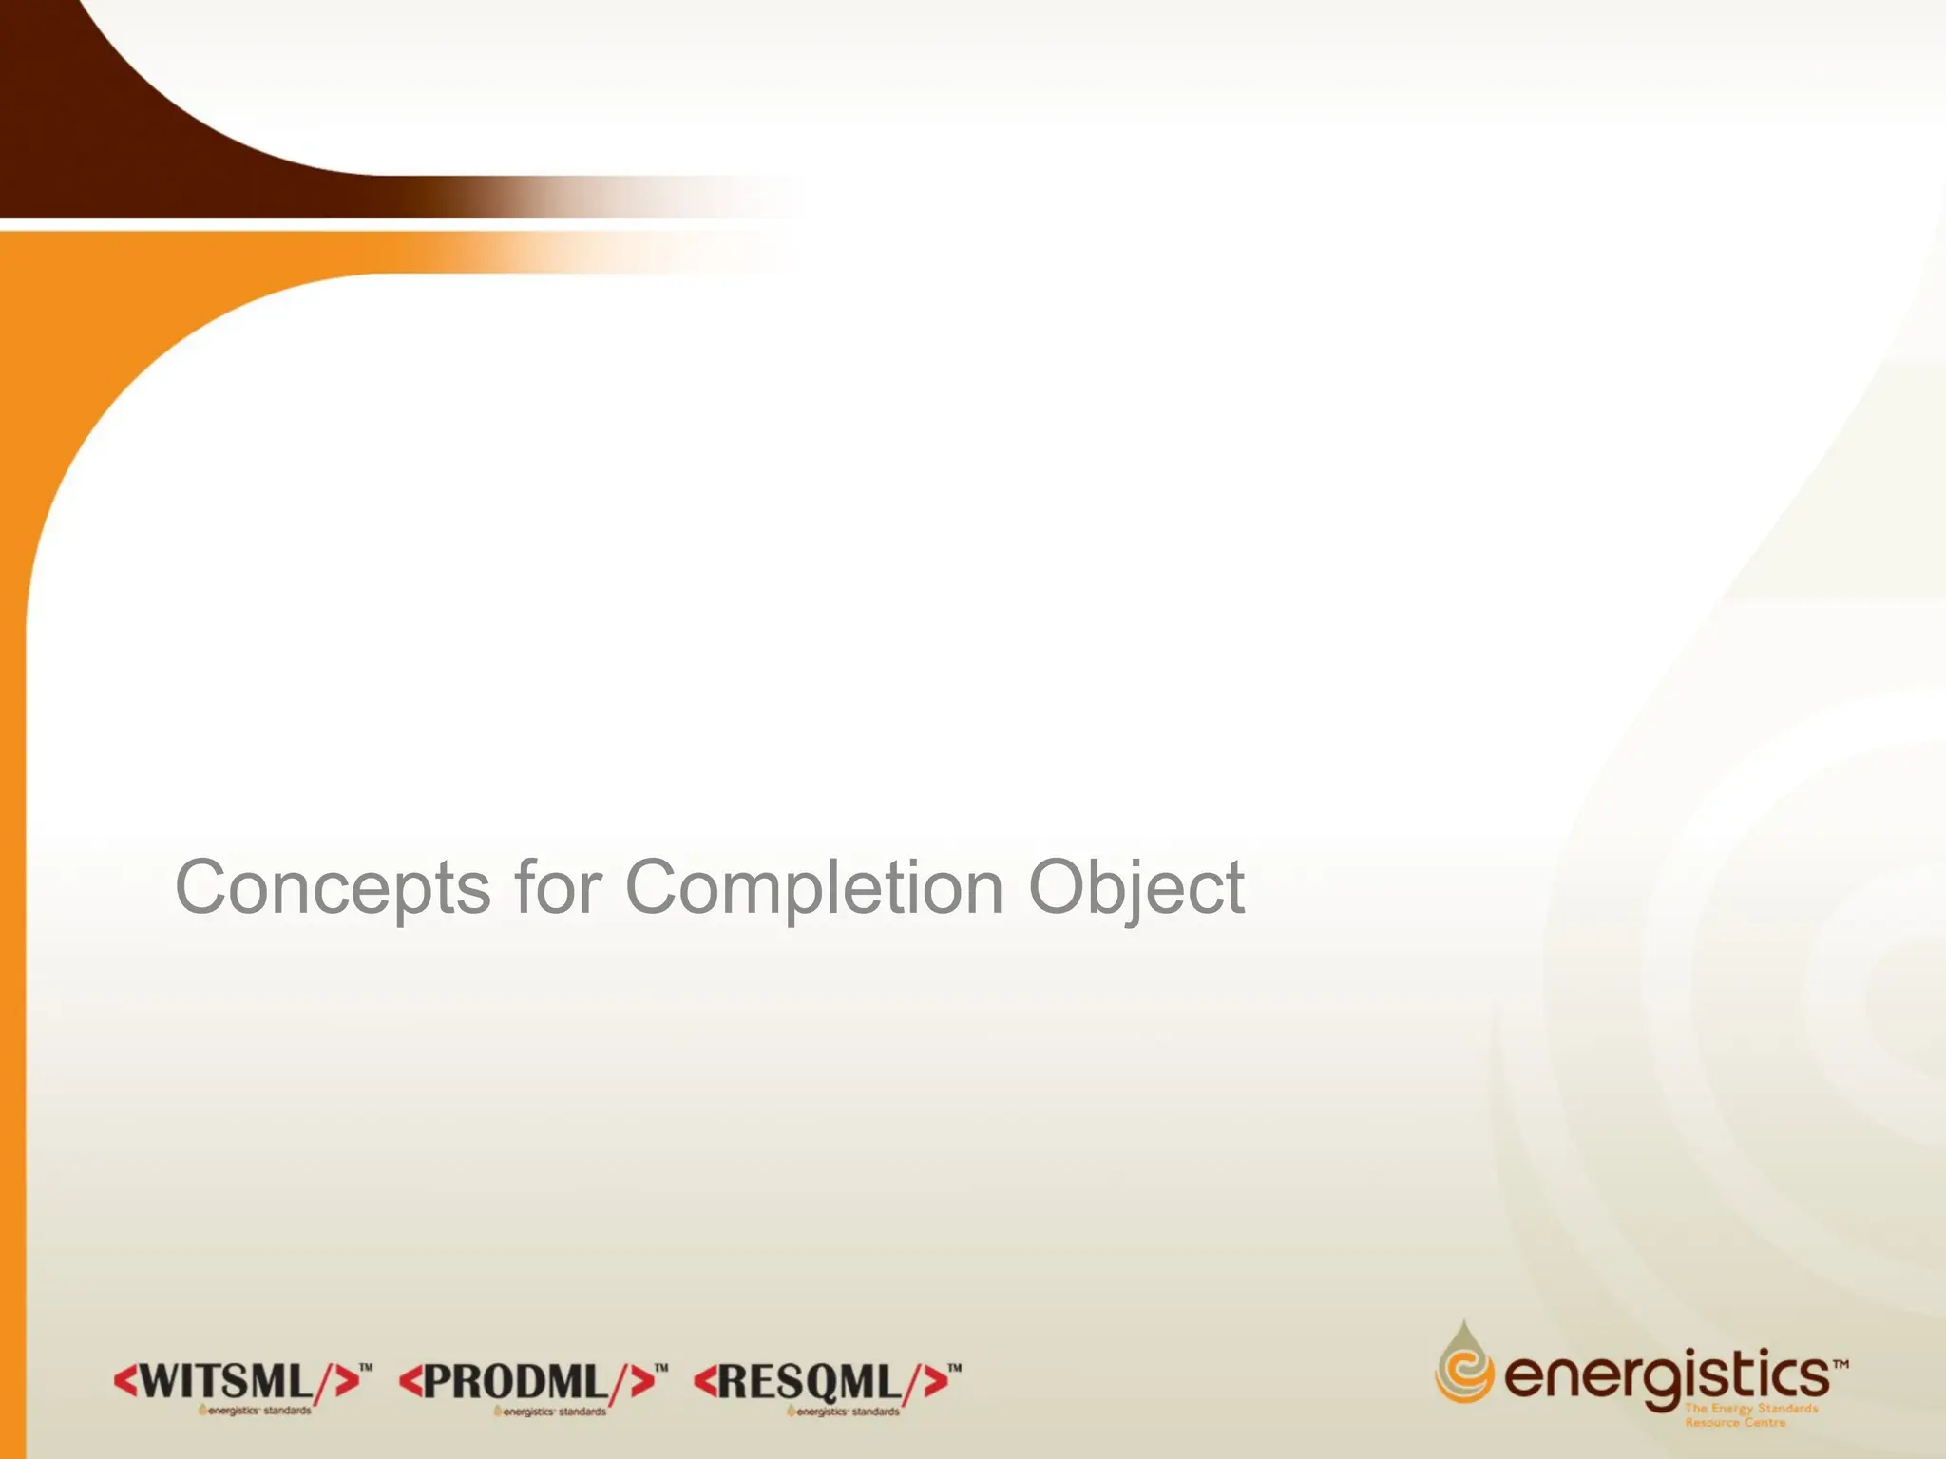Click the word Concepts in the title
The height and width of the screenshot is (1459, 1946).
(x=332, y=888)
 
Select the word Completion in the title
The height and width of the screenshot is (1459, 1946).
(x=813, y=888)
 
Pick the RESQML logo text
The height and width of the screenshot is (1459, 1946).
(x=809, y=1382)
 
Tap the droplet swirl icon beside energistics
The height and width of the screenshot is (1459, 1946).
(x=1463, y=1364)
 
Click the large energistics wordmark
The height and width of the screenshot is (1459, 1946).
(x=1667, y=1375)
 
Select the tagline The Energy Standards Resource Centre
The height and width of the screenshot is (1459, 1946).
(x=1750, y=1415)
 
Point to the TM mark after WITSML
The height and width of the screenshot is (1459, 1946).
(x=366, y=1368)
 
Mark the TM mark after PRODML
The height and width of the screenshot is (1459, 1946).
(x=661, y=1368)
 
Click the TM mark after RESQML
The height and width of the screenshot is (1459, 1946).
(x=955, y=1368)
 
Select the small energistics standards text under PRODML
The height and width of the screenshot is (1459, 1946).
(x=550, y=1412)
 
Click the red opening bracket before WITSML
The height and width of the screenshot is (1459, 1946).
(x=125, y=1381)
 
